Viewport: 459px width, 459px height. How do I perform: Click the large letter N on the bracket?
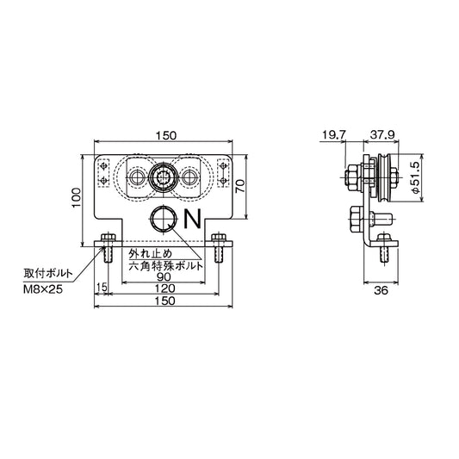tap(193, 219)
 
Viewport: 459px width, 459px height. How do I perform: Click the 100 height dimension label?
tap(77, 198)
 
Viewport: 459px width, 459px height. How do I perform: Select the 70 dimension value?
tap(240, 186)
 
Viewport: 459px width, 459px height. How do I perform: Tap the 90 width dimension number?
tap(164, 276)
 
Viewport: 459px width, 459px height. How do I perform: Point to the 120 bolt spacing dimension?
tap(164, 288)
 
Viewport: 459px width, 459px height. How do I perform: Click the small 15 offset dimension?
tap(102, 288)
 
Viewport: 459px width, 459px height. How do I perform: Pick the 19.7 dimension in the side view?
tap(334, 135)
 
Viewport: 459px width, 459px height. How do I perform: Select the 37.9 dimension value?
tap(381, 135)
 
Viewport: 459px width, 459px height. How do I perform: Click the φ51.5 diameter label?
tap(415, 177)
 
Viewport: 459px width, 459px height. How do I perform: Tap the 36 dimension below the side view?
tap(381, 290)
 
